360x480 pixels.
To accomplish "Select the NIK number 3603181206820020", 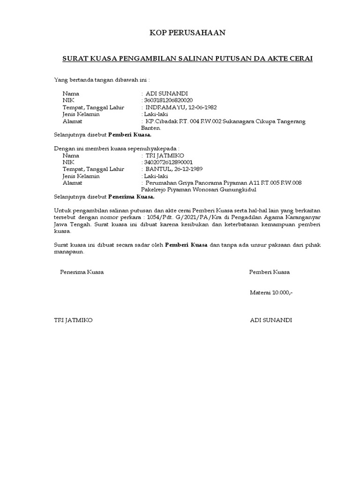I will [168, 101].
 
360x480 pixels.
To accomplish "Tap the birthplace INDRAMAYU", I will [165, 107].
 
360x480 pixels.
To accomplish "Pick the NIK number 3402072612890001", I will [168, 162].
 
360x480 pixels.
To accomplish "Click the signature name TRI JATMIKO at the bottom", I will [74, 320].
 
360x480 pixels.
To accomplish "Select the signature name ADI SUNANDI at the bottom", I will [271, 320].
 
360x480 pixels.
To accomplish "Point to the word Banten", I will [151, 128].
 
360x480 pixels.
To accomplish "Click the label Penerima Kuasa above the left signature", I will [82, 272].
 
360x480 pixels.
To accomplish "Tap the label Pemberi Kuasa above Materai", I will [270, 272].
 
